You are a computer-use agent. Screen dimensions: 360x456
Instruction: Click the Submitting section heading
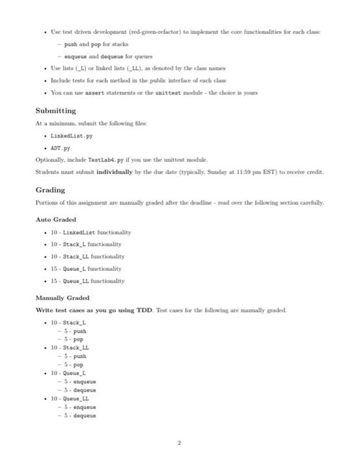(55, 111)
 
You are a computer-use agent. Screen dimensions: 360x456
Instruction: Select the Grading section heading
(50, 190)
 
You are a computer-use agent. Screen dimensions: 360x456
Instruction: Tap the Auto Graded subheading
(56, 220)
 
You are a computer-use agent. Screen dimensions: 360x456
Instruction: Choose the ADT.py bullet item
(59, 147)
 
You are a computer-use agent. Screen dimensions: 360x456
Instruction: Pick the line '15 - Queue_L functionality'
(90, 268)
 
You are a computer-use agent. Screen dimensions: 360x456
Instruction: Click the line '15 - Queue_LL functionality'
(92, 281)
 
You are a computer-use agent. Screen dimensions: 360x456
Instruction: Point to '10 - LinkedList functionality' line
(90, 232)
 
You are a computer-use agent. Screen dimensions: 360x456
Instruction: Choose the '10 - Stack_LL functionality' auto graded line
(92, 256)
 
